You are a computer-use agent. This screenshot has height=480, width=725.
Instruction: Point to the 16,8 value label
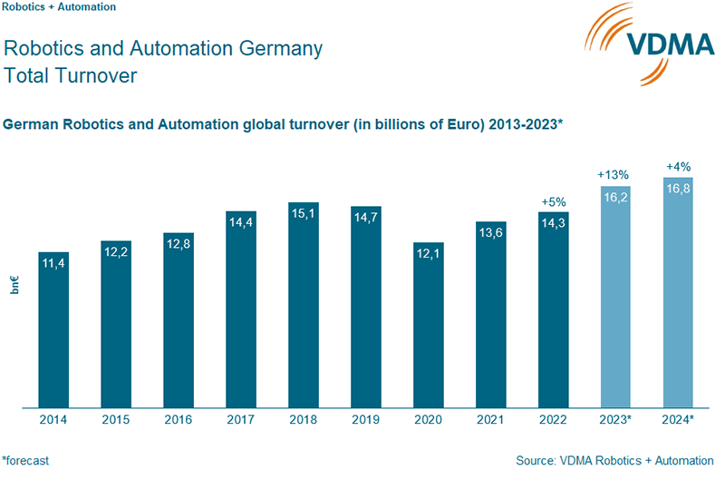coord(678,189)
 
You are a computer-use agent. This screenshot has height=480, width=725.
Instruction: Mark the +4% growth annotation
coord(678,166)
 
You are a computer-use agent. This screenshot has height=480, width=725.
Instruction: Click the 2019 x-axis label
coord(366,420)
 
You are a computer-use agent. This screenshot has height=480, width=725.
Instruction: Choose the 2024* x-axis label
coord(678,420)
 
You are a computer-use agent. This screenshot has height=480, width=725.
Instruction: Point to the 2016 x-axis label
coord(179,420)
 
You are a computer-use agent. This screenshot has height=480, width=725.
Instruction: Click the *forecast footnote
coord(25,461)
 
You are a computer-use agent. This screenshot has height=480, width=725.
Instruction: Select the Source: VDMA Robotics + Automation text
coord(615,461)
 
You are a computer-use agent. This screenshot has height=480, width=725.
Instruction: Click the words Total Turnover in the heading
coord(71,75)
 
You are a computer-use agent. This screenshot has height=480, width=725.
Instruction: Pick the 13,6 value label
coord(491,232)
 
